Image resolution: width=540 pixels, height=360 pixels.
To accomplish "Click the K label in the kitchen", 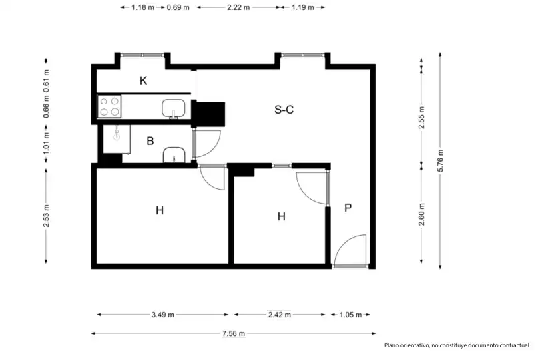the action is click(x=144, y=81).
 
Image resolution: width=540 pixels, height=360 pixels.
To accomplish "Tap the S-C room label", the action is click(x=284, y=110).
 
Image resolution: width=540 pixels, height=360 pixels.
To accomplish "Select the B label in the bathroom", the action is click(x=150, y=141).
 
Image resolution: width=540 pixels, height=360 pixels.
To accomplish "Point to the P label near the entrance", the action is click(x=348, y=208).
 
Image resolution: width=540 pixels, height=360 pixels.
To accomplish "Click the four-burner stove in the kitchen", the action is click(x=109, y=106).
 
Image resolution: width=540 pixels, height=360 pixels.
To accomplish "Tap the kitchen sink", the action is click(x=174, y=109).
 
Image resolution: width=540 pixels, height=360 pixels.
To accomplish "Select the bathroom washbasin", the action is click(x=174, y=155).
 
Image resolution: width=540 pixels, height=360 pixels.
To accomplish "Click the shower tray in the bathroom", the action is click(x=117, y=139).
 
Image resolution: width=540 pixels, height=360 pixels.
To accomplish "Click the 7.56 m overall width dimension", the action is click(x=234, y=333).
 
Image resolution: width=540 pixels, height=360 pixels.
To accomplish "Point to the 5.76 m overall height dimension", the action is click(x=440, y=161).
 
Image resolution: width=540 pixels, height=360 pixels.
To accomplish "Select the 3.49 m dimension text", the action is click(x=163, y=315).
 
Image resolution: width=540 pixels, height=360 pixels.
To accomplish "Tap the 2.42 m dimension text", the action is click(x=279, y=315).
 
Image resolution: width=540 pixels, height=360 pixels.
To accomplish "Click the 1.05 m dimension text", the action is click(x=350, y=315).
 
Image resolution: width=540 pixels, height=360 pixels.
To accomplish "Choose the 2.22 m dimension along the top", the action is click(x=238, y=7).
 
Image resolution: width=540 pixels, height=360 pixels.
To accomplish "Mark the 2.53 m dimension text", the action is click(x=47, y=216).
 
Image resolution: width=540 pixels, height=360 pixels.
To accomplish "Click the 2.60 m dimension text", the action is click(x=422, y=214).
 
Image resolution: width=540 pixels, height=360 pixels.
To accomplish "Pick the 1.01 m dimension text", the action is click(x=47, y=143).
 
